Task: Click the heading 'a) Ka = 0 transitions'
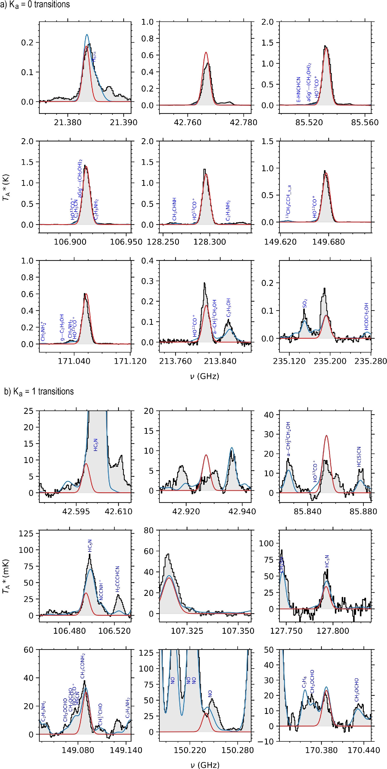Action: point(35,5)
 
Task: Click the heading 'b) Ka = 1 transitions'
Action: point(39,391)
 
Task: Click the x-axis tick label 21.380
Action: point(68,123)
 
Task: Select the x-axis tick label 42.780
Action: point(244,123)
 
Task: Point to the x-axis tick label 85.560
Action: point(365,123)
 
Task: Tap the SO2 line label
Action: point(305,304)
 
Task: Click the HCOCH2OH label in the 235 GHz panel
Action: point(366,316)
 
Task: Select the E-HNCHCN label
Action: point(298,90)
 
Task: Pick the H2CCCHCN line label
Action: point(118,579)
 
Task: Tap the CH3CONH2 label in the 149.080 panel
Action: point(83,666)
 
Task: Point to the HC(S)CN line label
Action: point(359,457)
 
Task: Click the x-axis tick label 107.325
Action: point(187,631)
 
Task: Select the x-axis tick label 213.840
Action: point(220,361)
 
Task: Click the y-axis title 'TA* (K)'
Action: point(6,187)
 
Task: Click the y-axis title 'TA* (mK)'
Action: point(6,576)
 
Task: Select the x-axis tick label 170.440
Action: point(364,750)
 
